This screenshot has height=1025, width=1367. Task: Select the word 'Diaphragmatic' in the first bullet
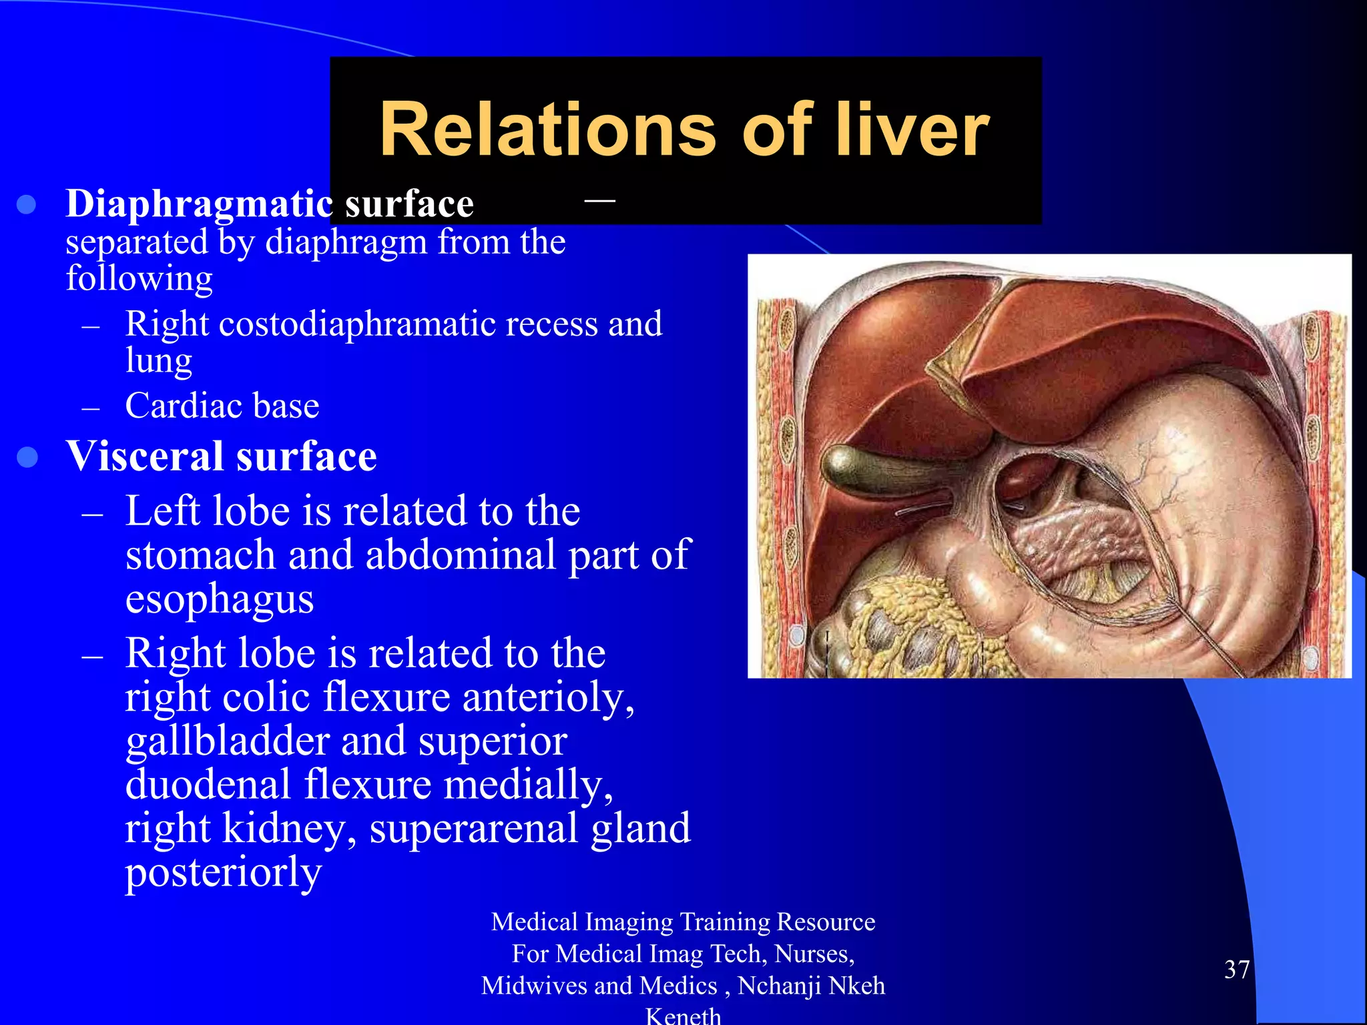tap(199, 204)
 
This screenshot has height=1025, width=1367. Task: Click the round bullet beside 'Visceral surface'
tap(27, 458)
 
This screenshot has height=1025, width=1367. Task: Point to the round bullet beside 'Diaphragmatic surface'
tap(26, 205)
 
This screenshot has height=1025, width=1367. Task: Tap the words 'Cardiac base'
tap(222, 406)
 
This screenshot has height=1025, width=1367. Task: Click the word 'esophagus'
tap(220, 598)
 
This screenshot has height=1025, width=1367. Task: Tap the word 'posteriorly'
tap(224, 872)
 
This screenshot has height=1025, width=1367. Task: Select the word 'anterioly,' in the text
tap(549, 697)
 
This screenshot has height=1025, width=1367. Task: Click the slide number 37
tap(1237, 970)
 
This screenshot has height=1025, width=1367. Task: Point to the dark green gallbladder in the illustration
tap(851, 468)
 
